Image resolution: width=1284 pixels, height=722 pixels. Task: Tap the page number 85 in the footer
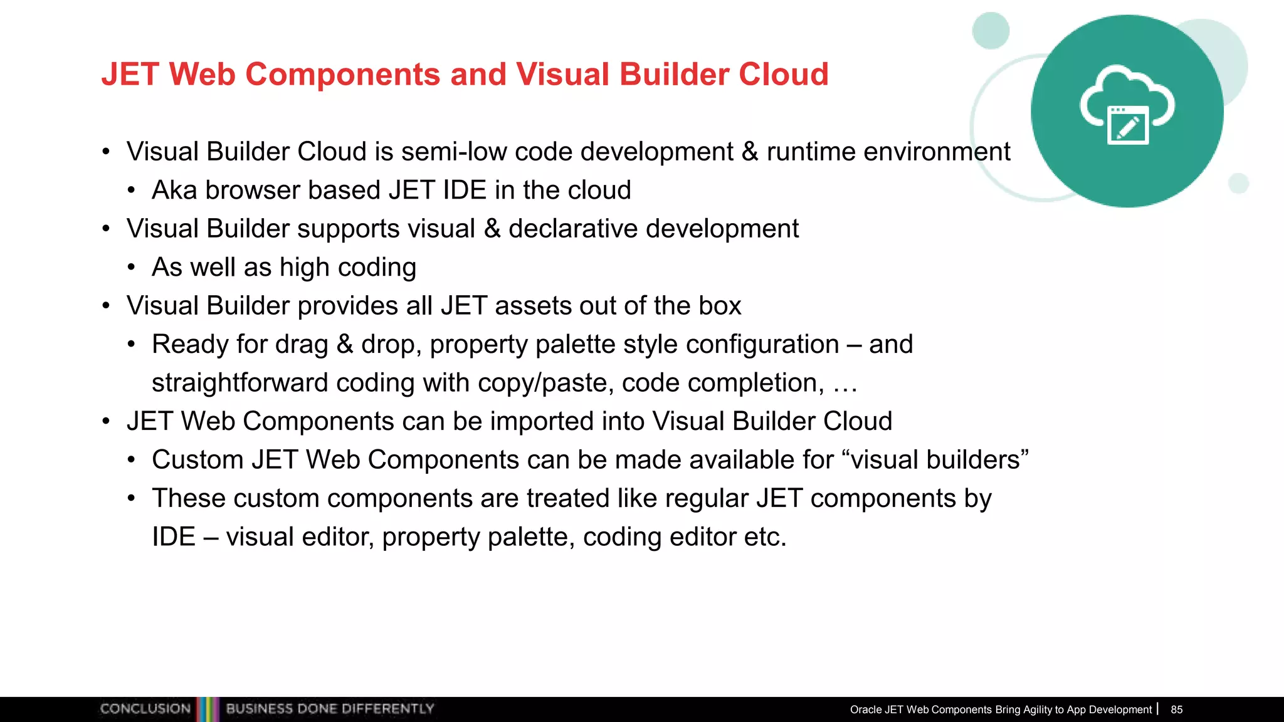pos(1176,709)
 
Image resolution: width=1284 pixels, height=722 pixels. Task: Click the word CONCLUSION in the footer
pos(145,709)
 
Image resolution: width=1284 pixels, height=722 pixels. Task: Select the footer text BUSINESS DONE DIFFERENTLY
pos(330,709)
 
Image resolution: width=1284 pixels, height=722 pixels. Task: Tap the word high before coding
pos(305,268)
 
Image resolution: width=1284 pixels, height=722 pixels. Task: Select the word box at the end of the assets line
pos(720,306)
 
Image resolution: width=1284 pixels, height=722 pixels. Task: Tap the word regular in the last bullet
pos(707,498)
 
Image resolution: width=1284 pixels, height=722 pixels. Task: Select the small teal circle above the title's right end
pos(991,30)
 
